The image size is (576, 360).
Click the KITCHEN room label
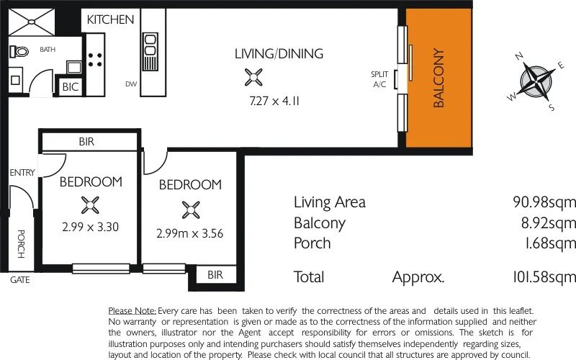point(110,19)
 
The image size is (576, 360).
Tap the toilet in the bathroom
point(19,52)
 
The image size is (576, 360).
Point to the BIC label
point(71,87)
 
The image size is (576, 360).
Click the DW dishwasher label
point(130,84)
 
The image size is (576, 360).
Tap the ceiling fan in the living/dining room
point(254,76)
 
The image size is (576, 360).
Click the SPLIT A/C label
point(379,79)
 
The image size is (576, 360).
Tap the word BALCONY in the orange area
point(438,78)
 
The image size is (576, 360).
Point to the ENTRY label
point(22,173)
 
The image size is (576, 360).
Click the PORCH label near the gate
point(20,245)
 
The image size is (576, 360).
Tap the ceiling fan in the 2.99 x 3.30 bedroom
point(89,206)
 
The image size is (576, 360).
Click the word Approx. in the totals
point(418,277)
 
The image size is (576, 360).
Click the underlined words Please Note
point(132,310)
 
